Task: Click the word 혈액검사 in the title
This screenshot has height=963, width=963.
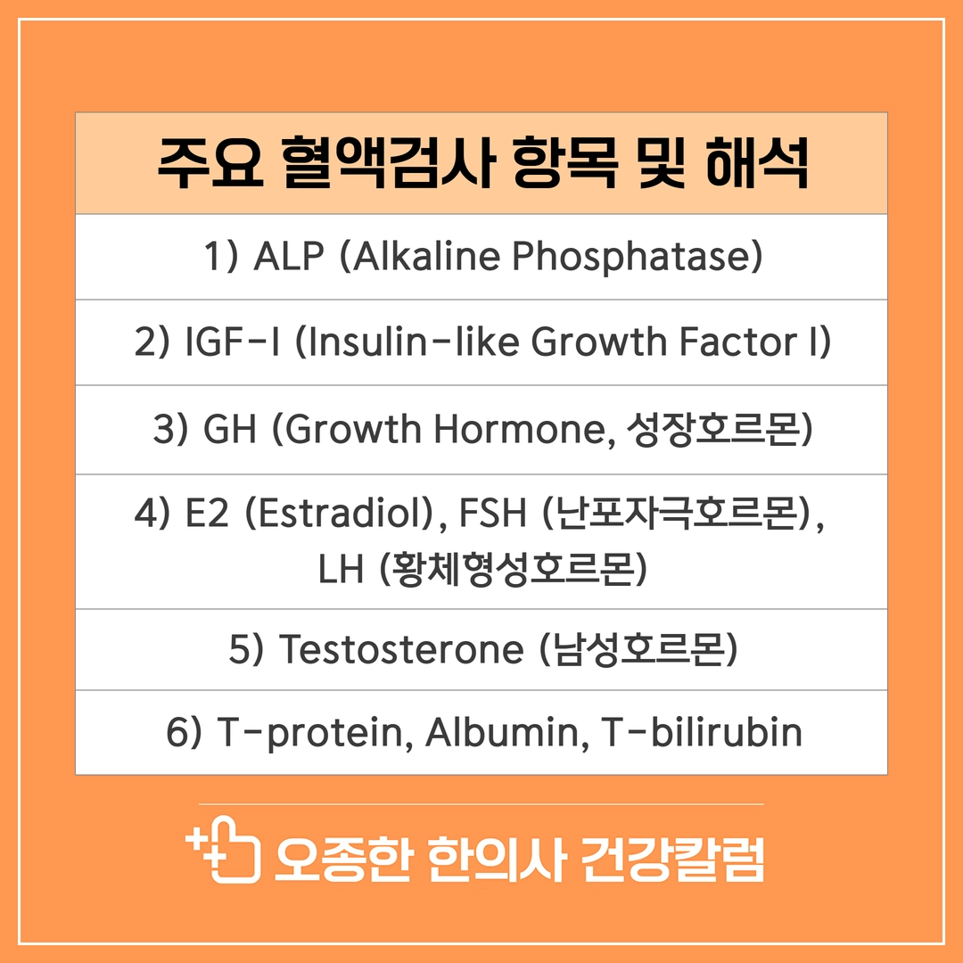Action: pos(388,163)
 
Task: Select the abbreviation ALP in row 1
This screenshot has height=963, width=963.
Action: pos(289,256)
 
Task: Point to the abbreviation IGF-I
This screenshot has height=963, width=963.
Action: pos(233,342)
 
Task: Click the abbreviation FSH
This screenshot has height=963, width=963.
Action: pos(492,514)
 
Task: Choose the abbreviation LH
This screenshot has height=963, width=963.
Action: pos(341,569)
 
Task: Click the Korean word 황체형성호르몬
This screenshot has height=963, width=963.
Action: pos(514,568)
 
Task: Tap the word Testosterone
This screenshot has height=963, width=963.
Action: pos(401,649)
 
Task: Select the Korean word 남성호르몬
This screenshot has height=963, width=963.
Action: pos(638,649)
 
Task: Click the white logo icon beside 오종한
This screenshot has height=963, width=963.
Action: pos(224,850)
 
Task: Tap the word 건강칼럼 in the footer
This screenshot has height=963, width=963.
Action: pos(672,860)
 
